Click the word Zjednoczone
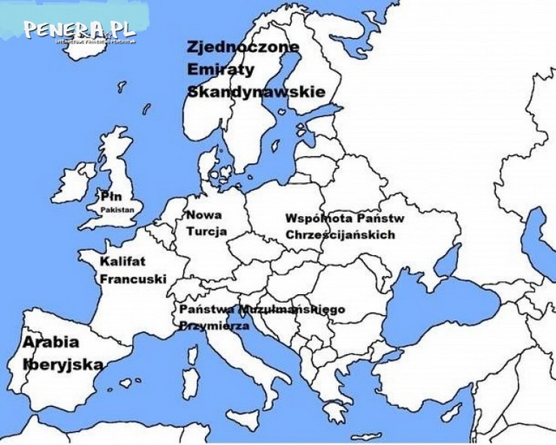tap(243, 47)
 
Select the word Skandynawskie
tap(256, 91)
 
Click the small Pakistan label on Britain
tap(116, 210)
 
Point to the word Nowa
tap(203, 215)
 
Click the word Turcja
tap(206, 232)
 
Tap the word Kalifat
tap(122, 261)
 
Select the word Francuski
tap(133, 279)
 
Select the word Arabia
tap(50, 343)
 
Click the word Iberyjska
tap(63, 364)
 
